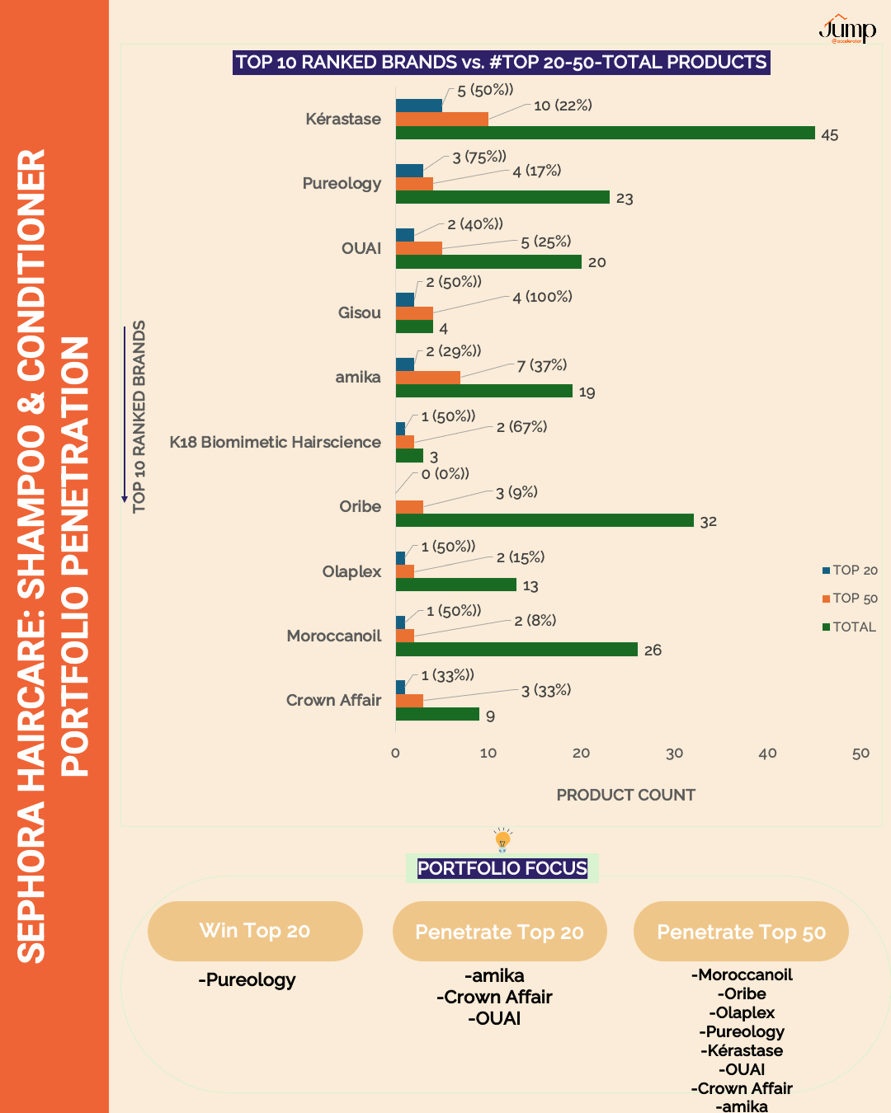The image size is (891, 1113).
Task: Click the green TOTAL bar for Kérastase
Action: pos(605,133)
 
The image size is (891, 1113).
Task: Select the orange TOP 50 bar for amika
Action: pos(427,378)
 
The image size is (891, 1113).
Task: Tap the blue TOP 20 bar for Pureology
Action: pos(409,171)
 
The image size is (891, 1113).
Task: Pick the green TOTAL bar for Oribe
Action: pos(544,520)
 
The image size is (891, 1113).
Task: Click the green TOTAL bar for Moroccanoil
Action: pos(516,650)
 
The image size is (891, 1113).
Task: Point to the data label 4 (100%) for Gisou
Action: pos(542,297)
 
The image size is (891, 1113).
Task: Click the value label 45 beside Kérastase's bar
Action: pos(829,135)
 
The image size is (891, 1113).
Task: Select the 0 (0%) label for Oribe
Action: pos(445,474)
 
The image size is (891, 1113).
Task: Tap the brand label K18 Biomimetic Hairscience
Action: pos(275,442)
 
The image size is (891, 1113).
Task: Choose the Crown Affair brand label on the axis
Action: pos(333,700)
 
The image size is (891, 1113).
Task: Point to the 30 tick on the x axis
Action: pos(674,753)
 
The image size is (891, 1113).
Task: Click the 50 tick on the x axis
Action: pos(860,753)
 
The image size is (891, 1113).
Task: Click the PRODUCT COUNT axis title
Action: pos(625,795)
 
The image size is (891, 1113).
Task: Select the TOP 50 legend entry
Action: pos(850,599)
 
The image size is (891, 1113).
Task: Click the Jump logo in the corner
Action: pos(847,30)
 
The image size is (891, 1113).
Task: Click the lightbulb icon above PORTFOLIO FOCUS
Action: pos(502,840)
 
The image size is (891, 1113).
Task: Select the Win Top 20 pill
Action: pos(255,931)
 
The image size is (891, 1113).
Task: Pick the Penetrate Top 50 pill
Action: pos(741,932)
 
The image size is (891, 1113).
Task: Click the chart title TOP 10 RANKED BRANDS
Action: pos(501,62)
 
